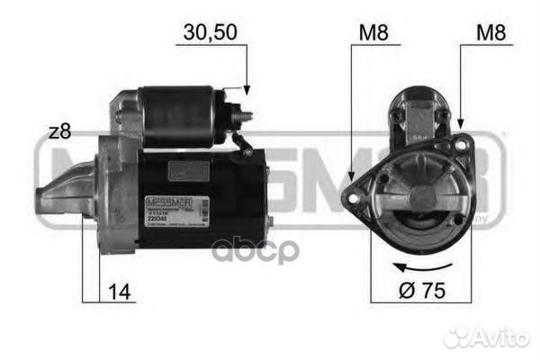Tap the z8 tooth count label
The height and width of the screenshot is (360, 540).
[58, 131]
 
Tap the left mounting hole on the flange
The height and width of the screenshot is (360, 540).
[356, 188]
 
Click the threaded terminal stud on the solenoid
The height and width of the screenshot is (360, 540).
[244, 116]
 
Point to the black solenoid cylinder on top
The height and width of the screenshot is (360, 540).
[176, 113]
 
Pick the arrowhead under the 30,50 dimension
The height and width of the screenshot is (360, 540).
[244, 90]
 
